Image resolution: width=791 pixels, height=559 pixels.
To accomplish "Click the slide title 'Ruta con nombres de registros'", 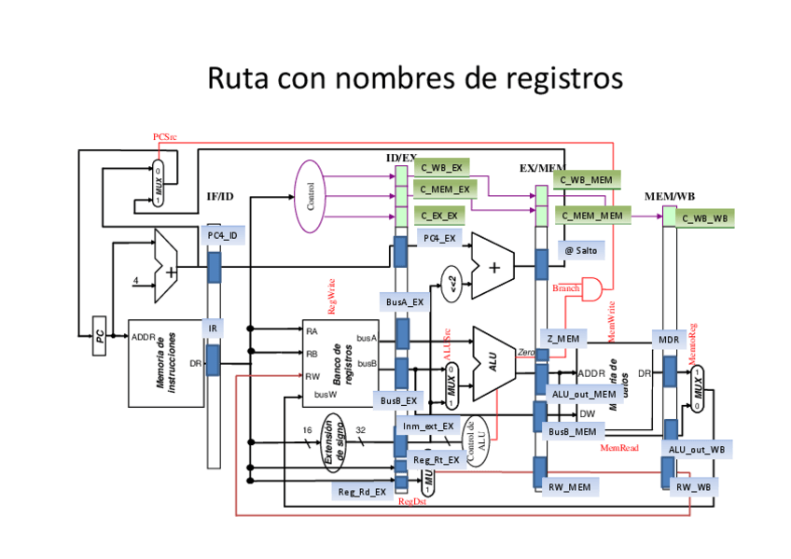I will coord(413,77).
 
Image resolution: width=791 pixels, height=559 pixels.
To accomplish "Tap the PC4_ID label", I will coord(222,235).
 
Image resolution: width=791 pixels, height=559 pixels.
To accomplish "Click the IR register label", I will coord(214,328).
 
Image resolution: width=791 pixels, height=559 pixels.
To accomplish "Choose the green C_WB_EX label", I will coord(441,168).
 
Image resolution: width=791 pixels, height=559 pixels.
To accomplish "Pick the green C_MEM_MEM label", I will coord(591,216).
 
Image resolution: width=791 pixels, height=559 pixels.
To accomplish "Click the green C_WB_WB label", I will coord(703,218).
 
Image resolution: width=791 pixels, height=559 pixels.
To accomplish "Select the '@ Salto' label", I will coord(580,250).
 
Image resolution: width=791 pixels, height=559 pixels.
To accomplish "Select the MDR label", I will coord(668,340).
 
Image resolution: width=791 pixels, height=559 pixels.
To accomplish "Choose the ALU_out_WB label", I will coord(696,449).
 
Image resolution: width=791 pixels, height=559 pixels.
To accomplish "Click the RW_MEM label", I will coord(567,486).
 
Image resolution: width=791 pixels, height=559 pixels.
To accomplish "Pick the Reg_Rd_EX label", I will coord(362,492).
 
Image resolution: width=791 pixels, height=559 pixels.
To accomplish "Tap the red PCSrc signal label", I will coord(165,137).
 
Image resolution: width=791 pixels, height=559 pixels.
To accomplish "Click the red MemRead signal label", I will coord(618,449).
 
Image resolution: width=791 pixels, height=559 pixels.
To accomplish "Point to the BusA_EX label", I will coord(404,301).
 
